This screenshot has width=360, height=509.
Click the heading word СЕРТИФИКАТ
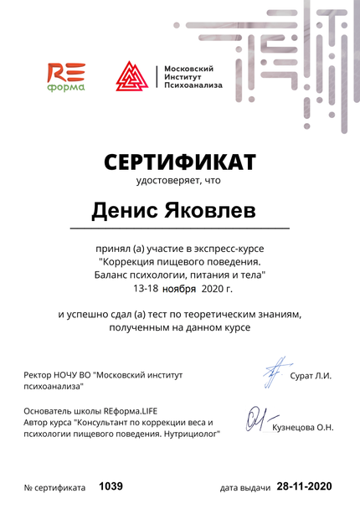point(179,161)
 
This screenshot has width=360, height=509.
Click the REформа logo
point(65,76)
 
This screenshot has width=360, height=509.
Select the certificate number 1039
point(111,486)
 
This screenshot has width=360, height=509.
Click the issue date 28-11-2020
point(305,486)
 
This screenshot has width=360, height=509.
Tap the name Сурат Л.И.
point(311,375)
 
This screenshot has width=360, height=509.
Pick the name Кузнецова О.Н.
point(303,428)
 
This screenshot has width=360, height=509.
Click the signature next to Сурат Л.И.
point(270,369)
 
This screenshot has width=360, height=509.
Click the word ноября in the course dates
point(179,288)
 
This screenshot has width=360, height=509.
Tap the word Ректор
point(41,375)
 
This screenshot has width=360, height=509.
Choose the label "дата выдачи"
point(245,487)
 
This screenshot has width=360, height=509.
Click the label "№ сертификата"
point(55,487)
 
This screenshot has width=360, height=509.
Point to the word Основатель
point(53,411)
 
